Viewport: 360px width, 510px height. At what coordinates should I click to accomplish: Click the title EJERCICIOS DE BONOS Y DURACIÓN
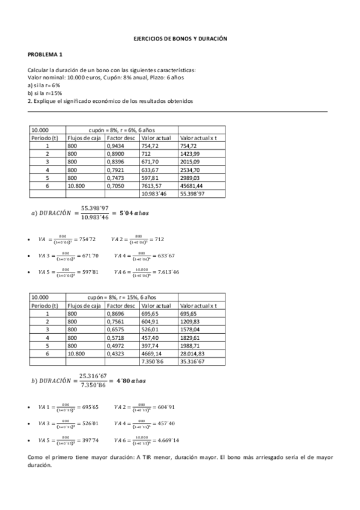point(180,38)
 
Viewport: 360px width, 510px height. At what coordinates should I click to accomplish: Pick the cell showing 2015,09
point(191,162)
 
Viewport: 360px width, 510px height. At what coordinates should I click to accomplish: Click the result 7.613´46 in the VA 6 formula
point(164,272)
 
